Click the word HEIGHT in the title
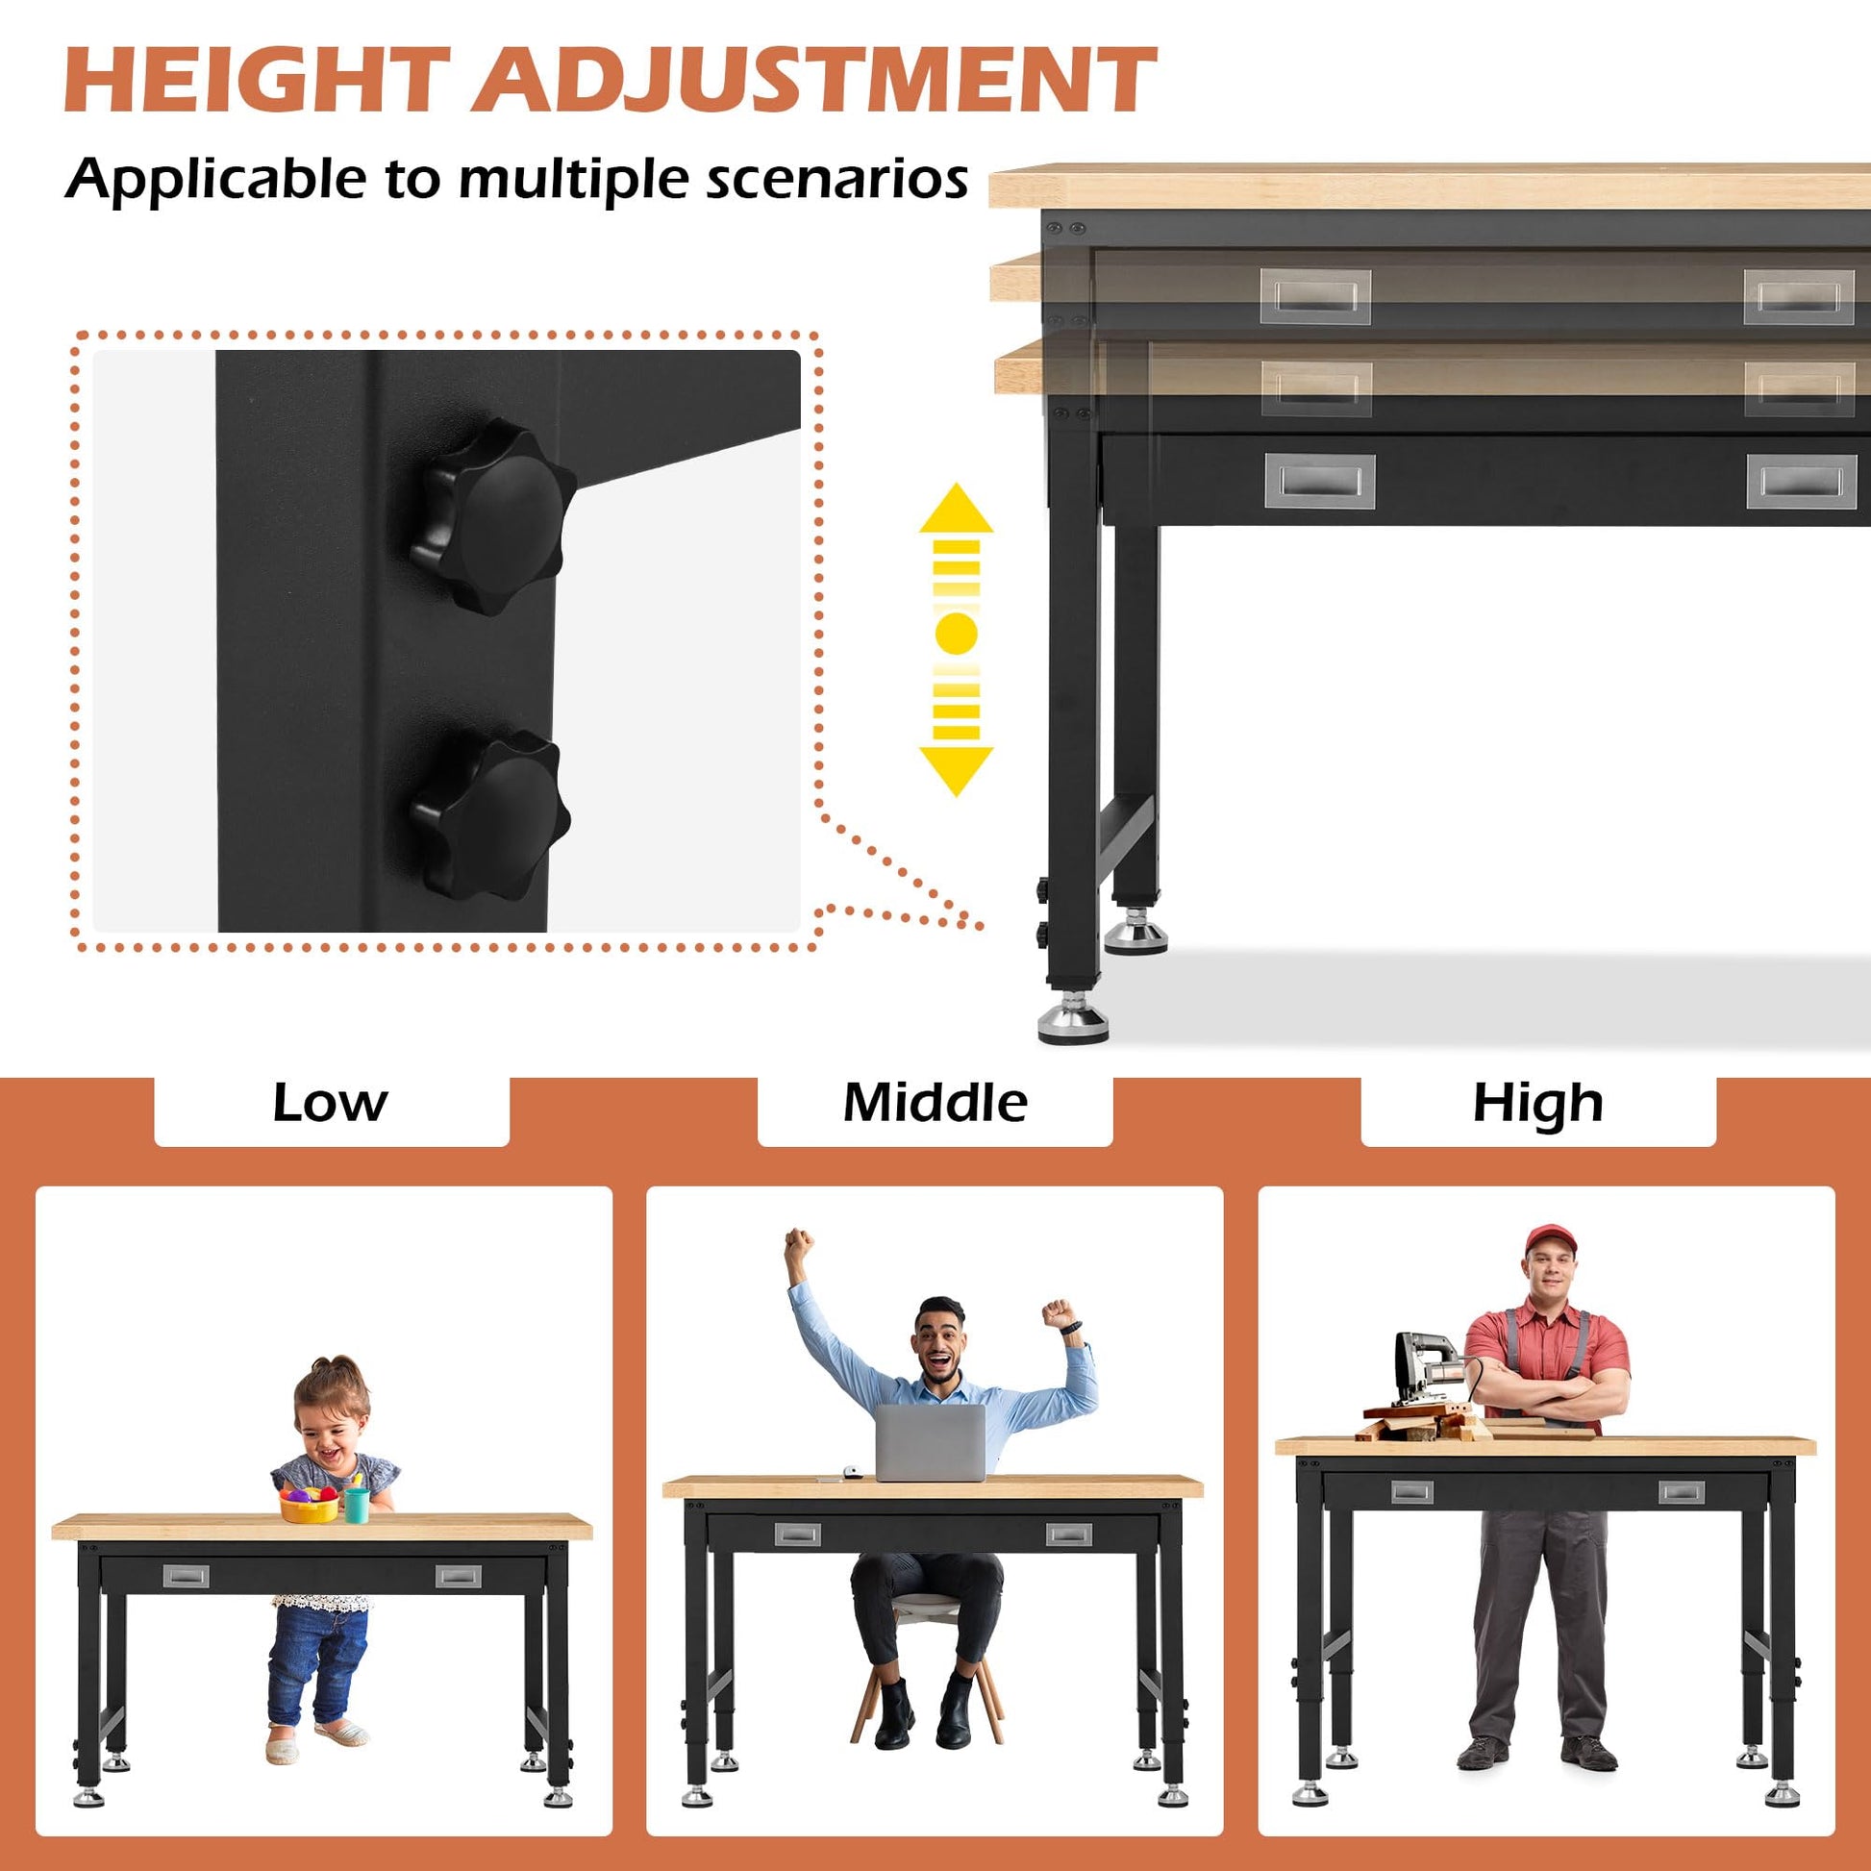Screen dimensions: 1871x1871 coord(257,82)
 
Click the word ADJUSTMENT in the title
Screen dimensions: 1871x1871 coord(814,82)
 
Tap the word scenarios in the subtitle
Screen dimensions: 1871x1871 coord(836,179)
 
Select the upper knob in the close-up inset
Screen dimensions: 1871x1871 coord(492,516)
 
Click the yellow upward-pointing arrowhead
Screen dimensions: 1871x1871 coord(956,509)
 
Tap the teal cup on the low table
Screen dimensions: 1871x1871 coord(357,1505)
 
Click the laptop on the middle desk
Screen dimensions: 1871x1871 coord(930,1443)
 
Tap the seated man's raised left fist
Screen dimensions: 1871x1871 coord(1058,1313)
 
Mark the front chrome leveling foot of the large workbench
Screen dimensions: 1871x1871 coord(1072,1020)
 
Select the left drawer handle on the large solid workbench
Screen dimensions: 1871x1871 coord(1319,482)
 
